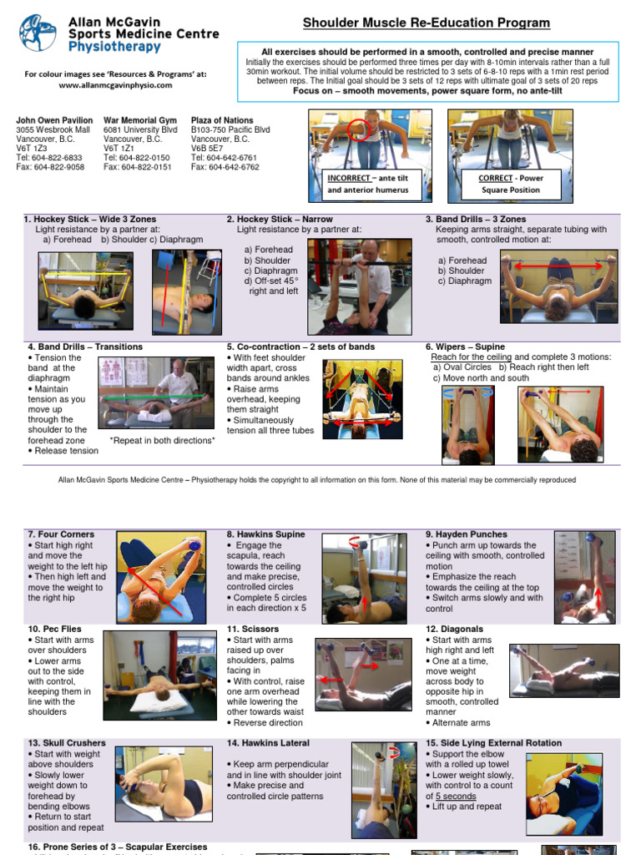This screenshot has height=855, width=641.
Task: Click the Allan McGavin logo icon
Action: [x=38, y=33]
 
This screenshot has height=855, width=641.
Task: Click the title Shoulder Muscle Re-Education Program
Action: [x=426, y=23]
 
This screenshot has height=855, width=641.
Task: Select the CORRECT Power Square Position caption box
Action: [x=508, y=184]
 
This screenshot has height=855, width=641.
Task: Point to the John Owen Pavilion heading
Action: [x=54, y=120]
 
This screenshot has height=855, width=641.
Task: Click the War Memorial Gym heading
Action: [x=140, y=120]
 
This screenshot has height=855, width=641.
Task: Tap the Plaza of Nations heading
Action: [x=222, y=120]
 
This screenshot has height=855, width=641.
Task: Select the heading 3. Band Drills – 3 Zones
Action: [x=476, y=220]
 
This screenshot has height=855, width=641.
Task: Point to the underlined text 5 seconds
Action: [x=455, y=796]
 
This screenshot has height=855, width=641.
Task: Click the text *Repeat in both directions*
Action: [x=162, y=440]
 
